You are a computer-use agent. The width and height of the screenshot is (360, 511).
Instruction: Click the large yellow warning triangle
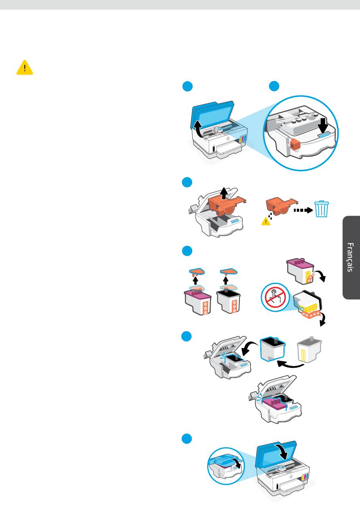(x=25, y=67)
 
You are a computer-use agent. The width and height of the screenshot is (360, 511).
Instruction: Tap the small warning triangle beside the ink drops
(x=266, y=221)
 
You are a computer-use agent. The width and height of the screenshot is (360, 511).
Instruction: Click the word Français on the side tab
(x=350, y=257)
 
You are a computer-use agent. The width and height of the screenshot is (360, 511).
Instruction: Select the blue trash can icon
(x=321, y=209)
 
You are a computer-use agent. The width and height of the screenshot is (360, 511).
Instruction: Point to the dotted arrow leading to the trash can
(x=303, y=210)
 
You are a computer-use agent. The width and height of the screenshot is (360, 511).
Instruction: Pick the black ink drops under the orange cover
(x=271, y=216)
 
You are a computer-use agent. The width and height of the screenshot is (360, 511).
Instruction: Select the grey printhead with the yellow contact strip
(x=309, y=350)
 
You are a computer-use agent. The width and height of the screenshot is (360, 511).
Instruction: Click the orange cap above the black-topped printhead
(x=229, y=271)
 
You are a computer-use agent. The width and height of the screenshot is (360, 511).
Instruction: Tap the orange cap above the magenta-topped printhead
(x=197, y=271)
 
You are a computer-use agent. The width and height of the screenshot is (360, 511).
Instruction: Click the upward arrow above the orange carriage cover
(x=224, y=193)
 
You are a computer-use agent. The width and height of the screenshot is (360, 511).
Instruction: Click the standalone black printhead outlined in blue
(x=272, y=349)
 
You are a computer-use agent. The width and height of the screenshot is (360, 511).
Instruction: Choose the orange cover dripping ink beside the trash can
(x=282, y=206)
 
